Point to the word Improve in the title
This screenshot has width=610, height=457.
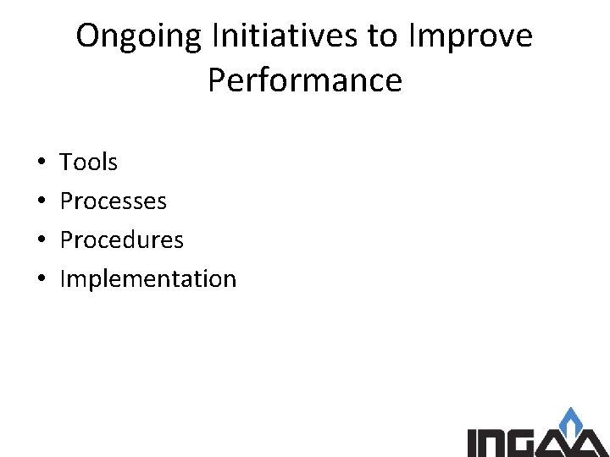[471, 37]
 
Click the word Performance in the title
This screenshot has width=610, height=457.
[304, 81]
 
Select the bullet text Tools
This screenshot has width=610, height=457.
[89, 162]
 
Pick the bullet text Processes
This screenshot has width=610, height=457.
[114, 201]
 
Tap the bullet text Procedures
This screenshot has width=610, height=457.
[121, 240]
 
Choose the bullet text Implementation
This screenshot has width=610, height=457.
[148, 279]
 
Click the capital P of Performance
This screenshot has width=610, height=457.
[216, 81]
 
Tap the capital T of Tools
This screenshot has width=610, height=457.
[67, 162]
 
